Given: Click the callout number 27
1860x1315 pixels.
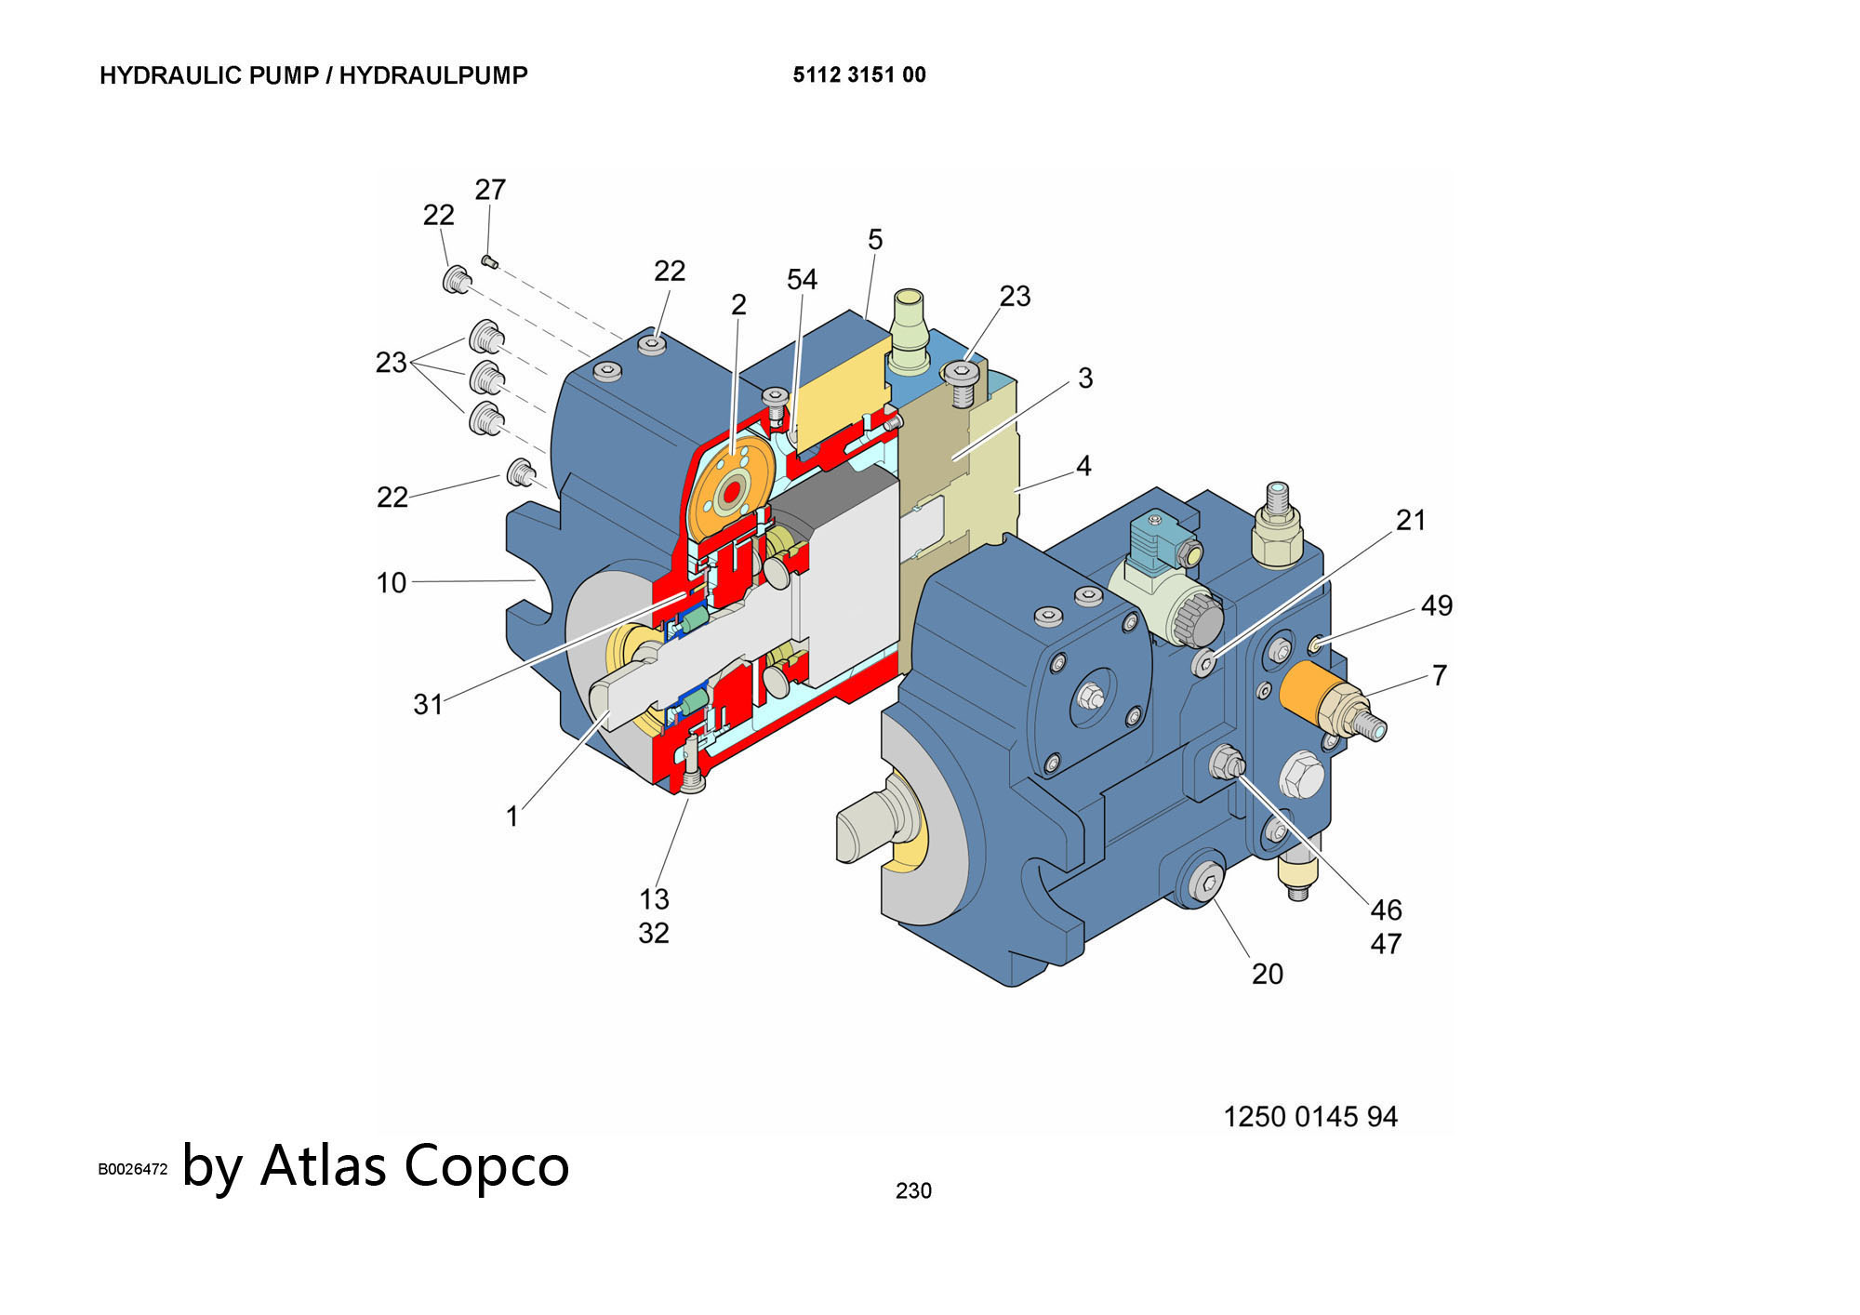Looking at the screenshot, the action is click(490, 190).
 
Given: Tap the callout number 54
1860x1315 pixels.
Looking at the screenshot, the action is click(802, 280).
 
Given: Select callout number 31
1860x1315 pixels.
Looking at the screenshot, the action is click(428, 705).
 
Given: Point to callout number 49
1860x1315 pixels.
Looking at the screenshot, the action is click(1437, 606).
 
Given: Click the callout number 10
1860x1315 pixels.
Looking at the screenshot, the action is click(392, 583).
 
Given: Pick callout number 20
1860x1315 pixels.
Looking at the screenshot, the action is click(1268, 974).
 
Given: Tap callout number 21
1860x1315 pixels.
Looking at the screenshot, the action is click(1411, 521).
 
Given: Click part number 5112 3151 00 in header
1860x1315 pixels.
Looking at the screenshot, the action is click(859, 75).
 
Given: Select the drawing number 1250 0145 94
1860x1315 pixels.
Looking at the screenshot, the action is click(1310, 1116).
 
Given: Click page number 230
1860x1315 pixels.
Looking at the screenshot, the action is click(913, 1190).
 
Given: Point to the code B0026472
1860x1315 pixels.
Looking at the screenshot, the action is click(133, 1169).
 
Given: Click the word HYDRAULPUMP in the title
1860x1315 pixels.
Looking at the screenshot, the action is click(433, 75).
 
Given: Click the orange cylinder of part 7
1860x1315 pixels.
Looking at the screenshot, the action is click(1309, 690).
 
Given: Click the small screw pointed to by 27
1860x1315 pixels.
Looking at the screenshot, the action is click(490, 261).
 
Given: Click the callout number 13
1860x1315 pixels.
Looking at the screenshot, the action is click(654, 899).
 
